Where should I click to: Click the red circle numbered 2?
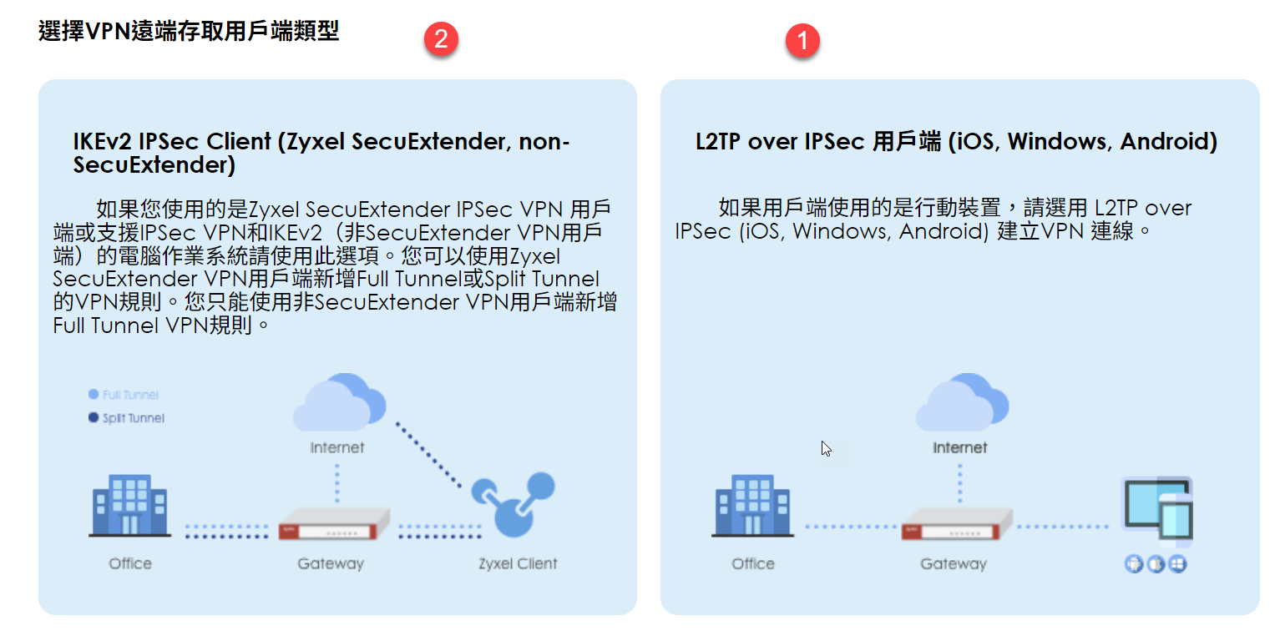coord(441,39)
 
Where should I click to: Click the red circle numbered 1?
coord(803,40)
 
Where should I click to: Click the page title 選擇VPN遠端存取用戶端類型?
coord(189,32)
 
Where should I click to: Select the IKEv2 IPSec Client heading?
coord(321,153)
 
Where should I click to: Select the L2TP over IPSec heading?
coord(956,141)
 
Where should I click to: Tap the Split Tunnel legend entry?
coord(127,418)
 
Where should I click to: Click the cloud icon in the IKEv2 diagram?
coord(338,403)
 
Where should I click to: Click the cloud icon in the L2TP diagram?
coord(960,403)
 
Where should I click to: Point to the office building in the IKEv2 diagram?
coord(129,506)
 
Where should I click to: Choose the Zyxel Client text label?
coord(518,563)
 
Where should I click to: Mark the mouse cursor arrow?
coord(826,448)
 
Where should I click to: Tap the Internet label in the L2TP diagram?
coord(960,448)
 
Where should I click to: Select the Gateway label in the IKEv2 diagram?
coord(331,563)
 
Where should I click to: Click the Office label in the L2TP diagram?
coord(752,563)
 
